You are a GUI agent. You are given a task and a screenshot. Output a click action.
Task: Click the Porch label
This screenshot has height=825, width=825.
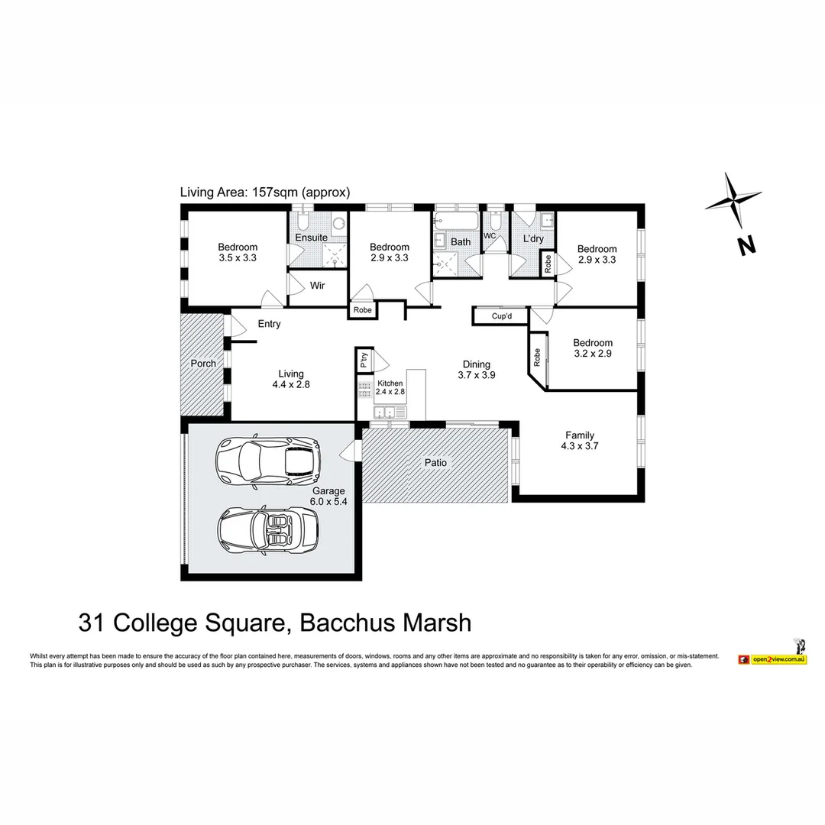point(203,364)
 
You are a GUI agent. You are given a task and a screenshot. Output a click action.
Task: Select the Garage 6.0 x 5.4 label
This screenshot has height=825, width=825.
point(328,497)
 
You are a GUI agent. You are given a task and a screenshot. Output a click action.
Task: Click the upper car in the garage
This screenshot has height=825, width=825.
point(267,460)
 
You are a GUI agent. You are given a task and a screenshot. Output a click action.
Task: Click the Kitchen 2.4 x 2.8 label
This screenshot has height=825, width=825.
point(390,387)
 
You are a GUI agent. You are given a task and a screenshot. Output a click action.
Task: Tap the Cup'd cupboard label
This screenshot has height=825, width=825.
point(501,315)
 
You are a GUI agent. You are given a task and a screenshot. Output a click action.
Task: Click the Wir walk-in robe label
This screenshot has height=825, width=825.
point(318,286)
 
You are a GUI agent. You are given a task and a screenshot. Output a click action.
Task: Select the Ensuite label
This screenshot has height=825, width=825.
point(312,238)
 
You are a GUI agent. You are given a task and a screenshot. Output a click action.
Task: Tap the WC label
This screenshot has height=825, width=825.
point(490,236)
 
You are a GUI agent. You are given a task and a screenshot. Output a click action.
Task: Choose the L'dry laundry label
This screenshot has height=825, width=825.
point(532,239)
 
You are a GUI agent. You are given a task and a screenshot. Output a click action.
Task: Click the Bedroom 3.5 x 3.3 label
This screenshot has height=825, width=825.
point(238,253)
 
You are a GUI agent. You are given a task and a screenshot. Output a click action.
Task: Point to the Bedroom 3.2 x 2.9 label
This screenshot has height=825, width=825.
point(593,348)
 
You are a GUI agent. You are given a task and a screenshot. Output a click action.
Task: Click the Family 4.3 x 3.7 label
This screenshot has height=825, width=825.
point(580,441)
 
